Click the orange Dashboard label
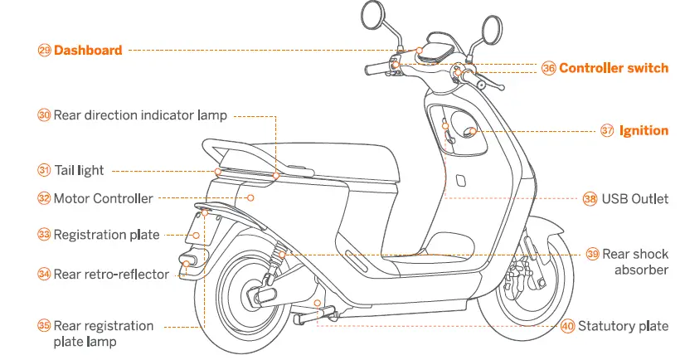tap(88, 50)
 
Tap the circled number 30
tap(44, 115)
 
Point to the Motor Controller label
tap(103, 198)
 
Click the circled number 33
tap(44, 235)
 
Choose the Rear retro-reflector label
tap(111, 274)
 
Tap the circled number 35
tap(44, 326)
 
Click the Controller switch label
tap(613, 68)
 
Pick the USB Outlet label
tap(635, 198)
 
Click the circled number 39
tap(592, 255)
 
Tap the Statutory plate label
tap(623, 326)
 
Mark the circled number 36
tap(548, 69)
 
